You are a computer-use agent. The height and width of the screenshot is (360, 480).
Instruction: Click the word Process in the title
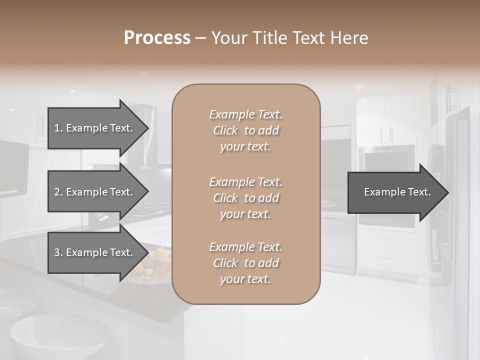[157, 38]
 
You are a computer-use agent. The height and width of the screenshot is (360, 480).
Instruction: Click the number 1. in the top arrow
[58, 128]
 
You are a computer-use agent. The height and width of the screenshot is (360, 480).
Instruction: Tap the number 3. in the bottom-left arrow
[58, 252]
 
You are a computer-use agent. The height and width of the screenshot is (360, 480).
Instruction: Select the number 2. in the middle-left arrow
[58, 192]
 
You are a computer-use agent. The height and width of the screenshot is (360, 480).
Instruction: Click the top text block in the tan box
[245, 130]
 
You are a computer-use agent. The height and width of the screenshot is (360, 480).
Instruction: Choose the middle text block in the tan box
[245, 198]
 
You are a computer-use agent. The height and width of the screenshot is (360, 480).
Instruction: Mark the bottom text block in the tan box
[245, 263]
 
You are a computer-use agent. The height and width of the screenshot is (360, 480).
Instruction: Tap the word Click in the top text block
[225, 130]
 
